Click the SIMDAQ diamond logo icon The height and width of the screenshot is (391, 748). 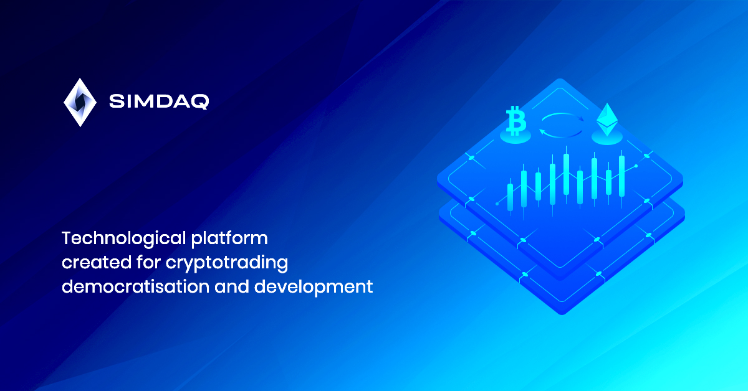tap(80, 103)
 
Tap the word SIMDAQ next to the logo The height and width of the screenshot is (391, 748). tap(159, 101)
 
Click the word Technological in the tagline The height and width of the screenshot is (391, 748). tap(124, 239)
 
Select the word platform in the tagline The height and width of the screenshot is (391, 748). tap(229, 239)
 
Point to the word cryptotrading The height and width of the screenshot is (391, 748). tap(227, 263)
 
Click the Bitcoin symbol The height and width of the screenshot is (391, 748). tap(516, 121)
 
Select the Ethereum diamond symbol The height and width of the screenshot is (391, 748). tap(607, 120)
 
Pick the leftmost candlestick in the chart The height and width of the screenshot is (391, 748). tap(510, 197)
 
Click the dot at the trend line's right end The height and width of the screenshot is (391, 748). tap(636, 166)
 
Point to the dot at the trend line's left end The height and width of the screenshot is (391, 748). tap(497, 204)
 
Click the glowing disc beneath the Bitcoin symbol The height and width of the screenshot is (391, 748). tap(515, 137)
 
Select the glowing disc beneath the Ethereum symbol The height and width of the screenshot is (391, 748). tap(607, 137)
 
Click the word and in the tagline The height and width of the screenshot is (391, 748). tap(232, 286)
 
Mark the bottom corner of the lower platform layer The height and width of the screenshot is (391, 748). tap(562, 314)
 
